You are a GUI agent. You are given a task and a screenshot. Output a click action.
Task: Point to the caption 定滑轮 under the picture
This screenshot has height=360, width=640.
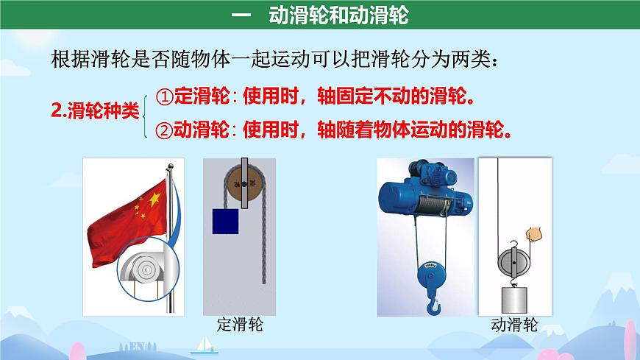coord(241,324)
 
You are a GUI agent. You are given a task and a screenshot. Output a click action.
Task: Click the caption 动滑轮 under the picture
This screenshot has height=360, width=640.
coord(515,325)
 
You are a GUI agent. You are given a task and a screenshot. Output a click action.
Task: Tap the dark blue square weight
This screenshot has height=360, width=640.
coord(227,221)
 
